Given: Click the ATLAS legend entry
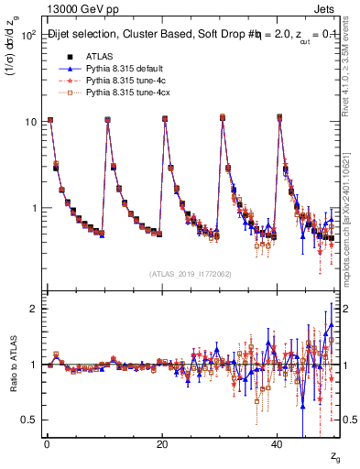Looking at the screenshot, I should coord(101,56).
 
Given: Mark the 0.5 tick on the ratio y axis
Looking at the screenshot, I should coord(28,420).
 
